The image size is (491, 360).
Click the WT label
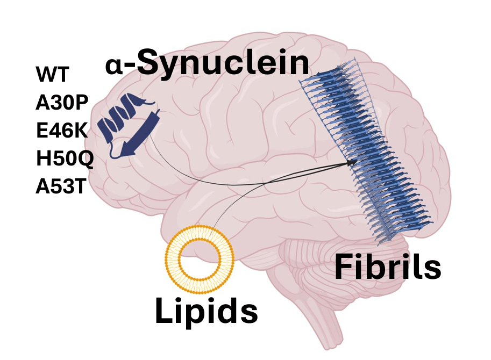pyautogui.click(x=52, y=74)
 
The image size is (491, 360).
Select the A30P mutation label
pyautogui.click(x=61, y=102)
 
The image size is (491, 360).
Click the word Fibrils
pyautogui.click(x=388, y=267)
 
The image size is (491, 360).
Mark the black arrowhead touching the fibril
pyautogui.click(x=353, y=161)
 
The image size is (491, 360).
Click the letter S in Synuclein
pyautogui.click(x=148, y=63)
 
